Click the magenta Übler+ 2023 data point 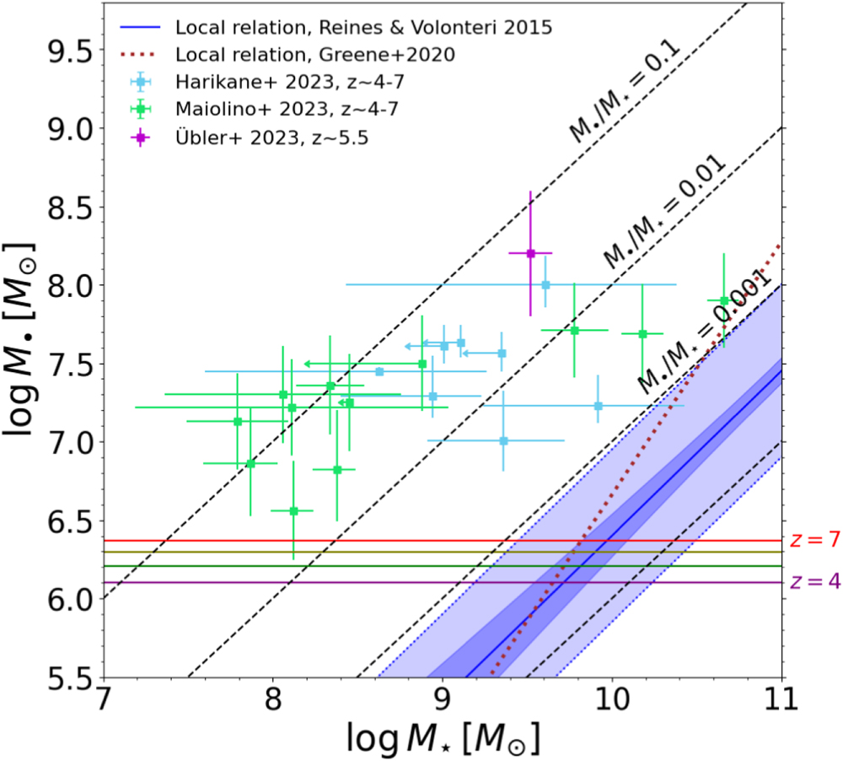(x=530, y=252)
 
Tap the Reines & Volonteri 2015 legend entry (x=363, y=27)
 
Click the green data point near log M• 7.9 (x=724, y=300)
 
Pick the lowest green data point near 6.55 (x=293, y=510)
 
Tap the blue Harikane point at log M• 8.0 (x=546, y=284)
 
